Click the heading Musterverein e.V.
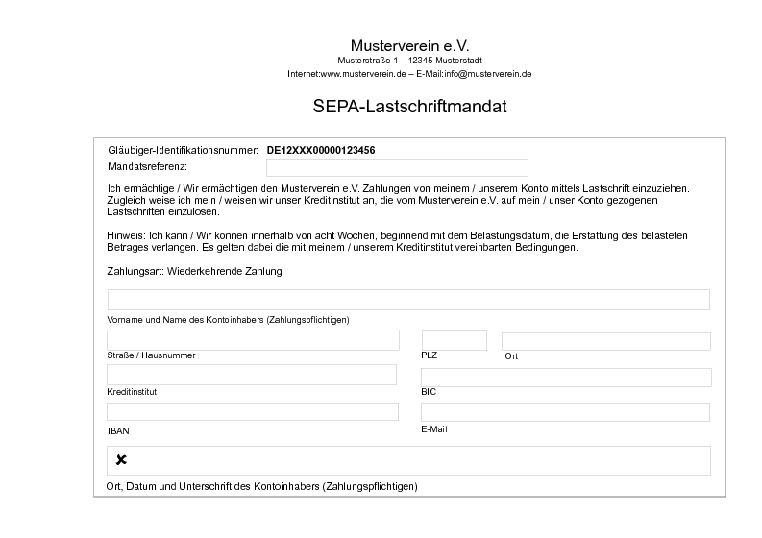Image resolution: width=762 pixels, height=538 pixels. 409,45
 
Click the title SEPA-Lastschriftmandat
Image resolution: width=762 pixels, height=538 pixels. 409,107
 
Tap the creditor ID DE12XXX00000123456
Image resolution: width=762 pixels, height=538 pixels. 321,151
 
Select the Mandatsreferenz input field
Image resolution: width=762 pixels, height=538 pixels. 397,167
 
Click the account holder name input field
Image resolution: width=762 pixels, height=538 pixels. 408,300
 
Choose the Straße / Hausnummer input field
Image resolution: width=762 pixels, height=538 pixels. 253,340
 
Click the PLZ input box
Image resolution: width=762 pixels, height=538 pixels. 455,340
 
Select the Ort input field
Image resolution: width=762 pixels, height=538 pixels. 605,341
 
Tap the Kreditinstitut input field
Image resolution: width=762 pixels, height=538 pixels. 252,375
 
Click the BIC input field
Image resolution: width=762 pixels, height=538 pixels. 566,377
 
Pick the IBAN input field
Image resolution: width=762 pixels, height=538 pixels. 253,411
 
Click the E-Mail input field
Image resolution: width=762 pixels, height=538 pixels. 566,411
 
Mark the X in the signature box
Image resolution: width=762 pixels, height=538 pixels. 121,460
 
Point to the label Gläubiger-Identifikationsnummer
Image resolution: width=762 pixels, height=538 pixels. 183,151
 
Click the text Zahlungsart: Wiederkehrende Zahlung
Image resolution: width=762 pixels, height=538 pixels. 194,272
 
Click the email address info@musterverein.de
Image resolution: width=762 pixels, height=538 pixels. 488,74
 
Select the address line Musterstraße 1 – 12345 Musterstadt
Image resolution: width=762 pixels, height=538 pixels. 409,61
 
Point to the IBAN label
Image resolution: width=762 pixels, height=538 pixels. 118,431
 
